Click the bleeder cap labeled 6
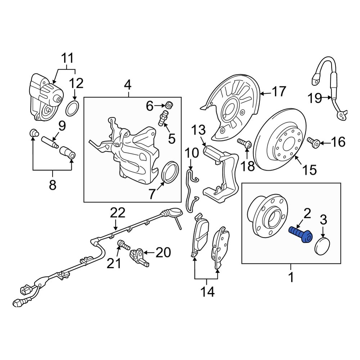pyautogui.click(x=169, y=105)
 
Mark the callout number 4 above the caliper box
pyautogui.click(x=128, y=85)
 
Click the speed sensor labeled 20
pyautogui.click(x=138, y=256)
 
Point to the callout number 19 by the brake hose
pyautogui.click(x=315, y=98)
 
